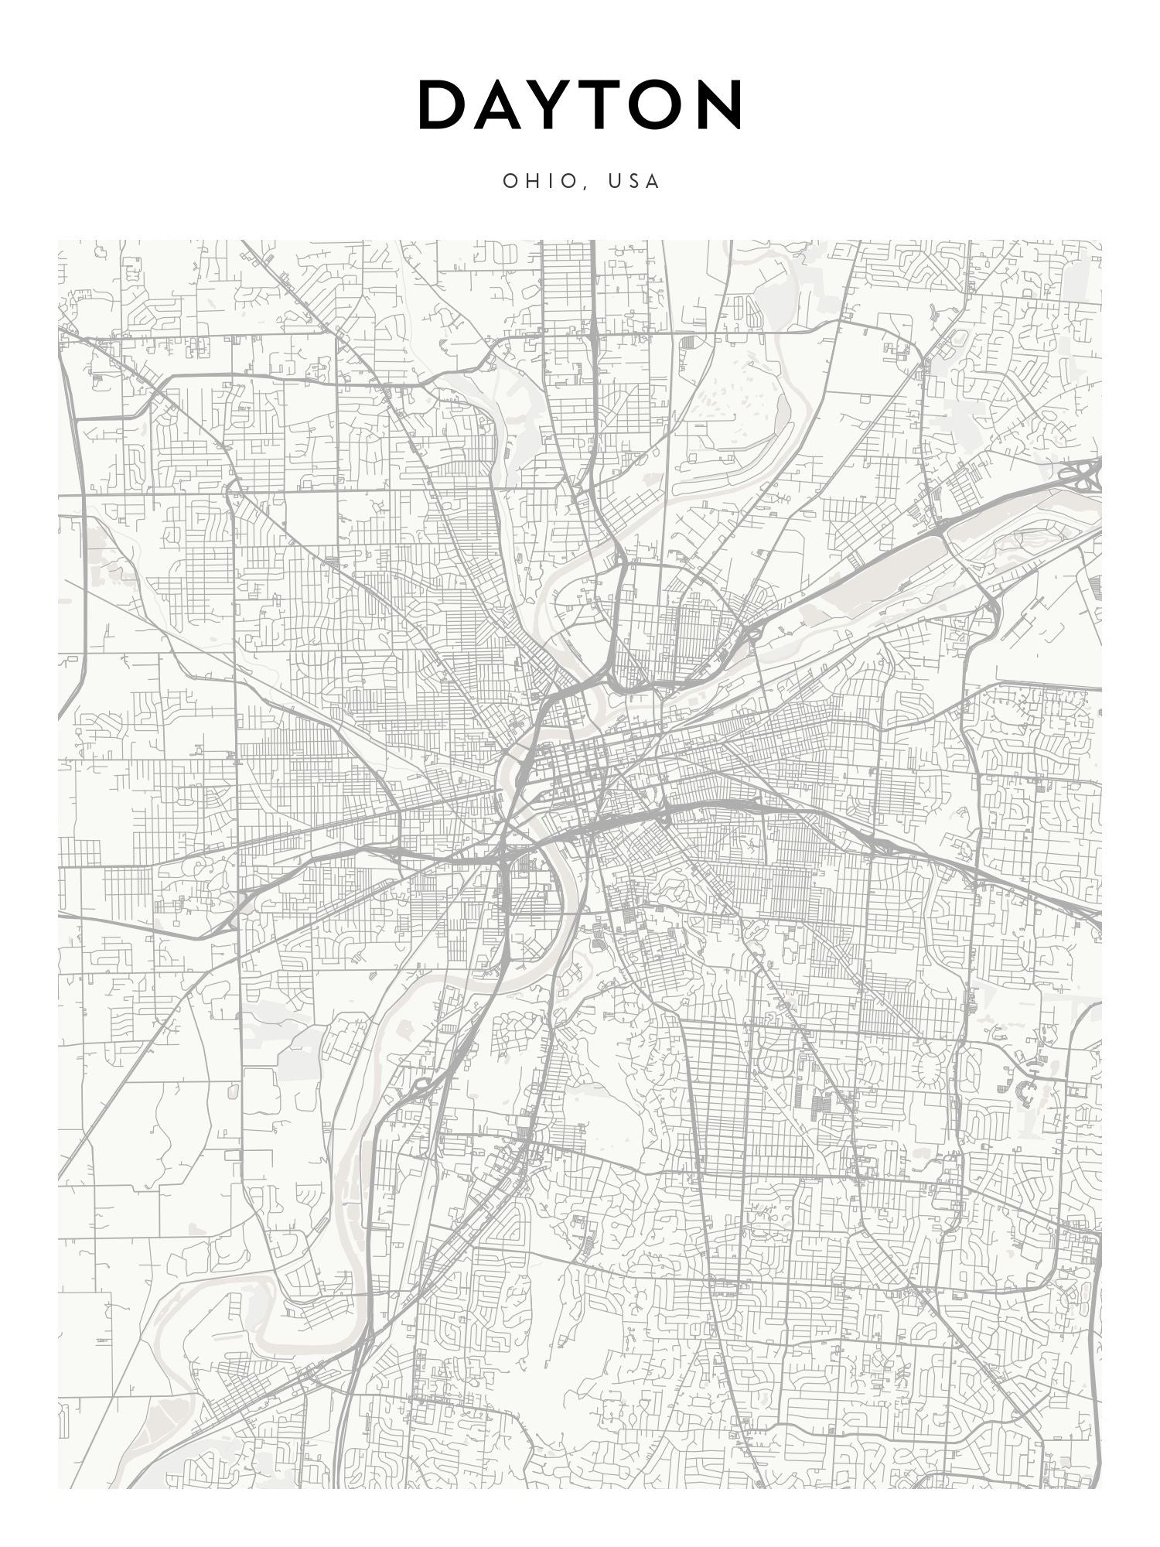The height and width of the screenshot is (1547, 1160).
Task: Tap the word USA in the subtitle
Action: [633, 181]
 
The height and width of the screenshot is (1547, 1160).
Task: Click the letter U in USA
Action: [615, 181]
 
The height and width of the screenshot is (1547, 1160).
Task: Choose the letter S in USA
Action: [634, 181]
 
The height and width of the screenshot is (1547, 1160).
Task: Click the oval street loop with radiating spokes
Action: [927, 1068]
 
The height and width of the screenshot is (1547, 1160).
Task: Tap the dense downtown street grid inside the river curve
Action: [580, 766]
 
